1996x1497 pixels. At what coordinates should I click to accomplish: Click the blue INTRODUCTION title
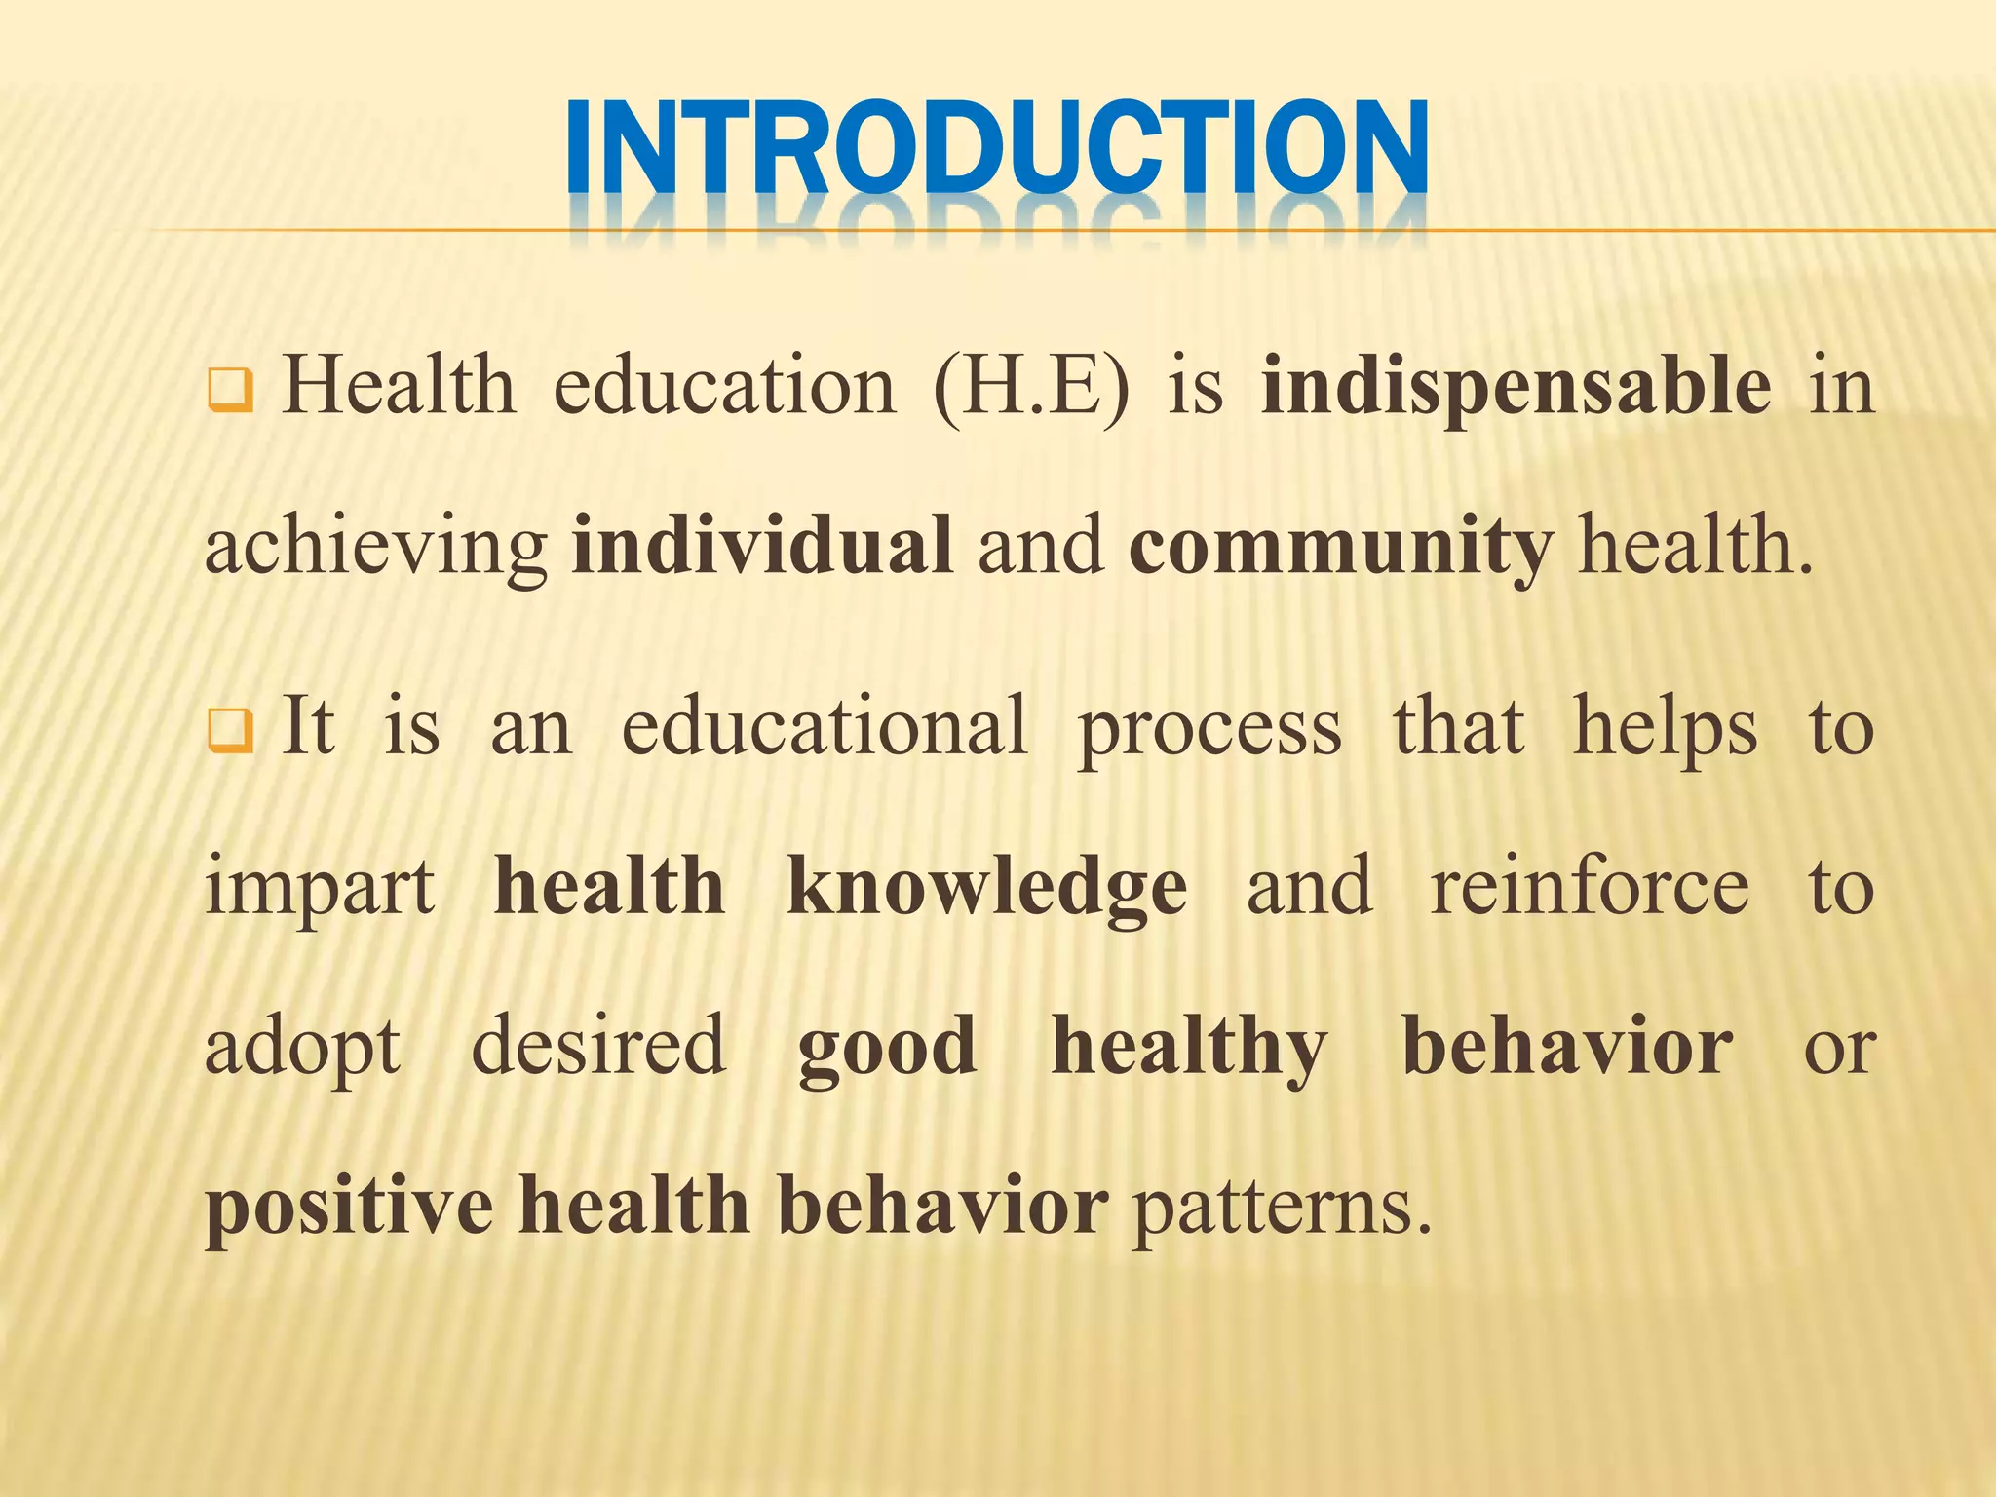tap(996, 148)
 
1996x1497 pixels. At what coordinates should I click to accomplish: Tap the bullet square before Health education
tap(231, 392)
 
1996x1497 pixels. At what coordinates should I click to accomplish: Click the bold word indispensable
tap(1516, 387)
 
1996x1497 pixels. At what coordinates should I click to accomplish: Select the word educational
tap(825, 727)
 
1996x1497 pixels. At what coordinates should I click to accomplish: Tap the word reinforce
tap(1590, 887)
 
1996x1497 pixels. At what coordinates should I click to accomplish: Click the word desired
tap(598, 1046)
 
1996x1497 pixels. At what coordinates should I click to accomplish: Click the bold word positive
tap(349, 1207)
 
